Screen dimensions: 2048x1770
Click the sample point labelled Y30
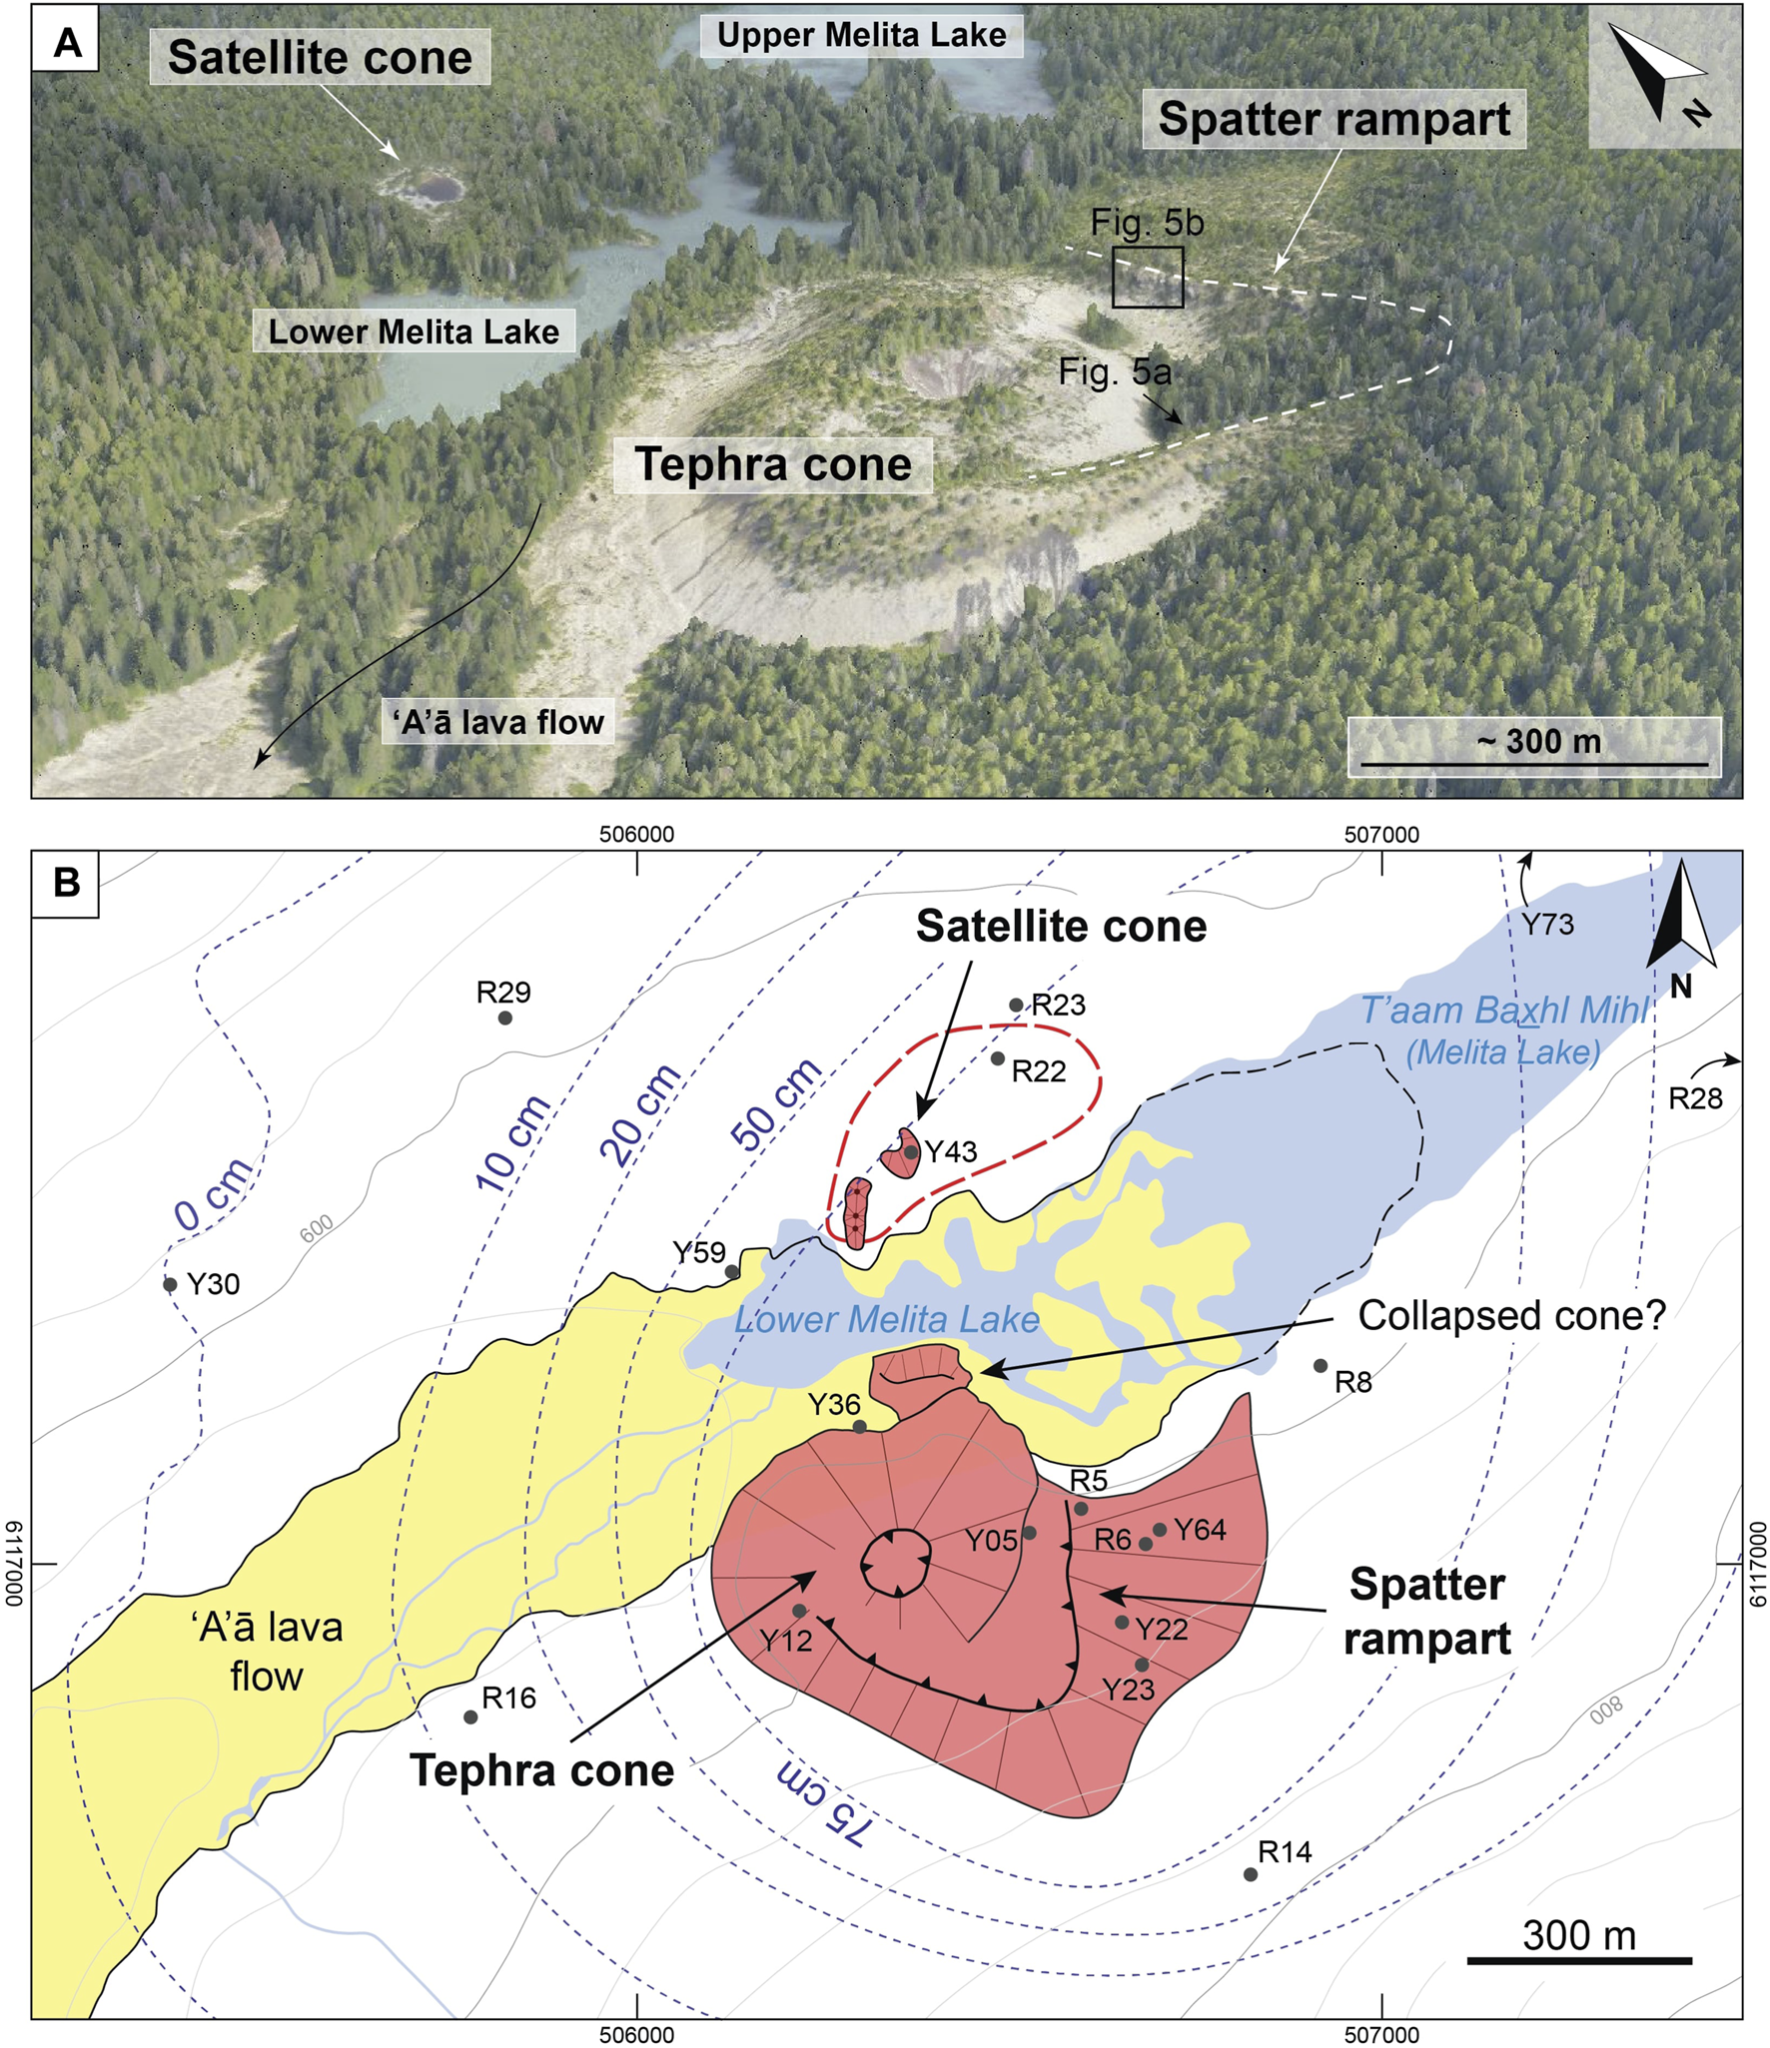coord(170,1284)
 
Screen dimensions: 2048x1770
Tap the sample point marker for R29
coord(505,1019)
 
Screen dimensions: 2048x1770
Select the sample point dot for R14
coord(1251,1874)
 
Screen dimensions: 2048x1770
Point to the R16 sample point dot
coord(470,1717)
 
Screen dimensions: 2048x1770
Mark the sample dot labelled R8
coord(1321,1365)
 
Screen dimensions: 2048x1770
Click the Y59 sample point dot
coord(732,1272)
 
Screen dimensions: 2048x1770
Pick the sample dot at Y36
coord(860,1427)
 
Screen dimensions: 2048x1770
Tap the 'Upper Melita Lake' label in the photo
coord(861,36)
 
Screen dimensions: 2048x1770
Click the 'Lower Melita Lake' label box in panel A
coord(414,332)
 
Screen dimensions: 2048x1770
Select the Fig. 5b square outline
coord(1148,277)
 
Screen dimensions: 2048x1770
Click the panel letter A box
coord(66,44)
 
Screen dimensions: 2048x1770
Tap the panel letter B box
coord(66,883)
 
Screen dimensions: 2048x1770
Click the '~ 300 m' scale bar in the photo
coord(1534,747)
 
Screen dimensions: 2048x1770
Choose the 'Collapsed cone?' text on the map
coord(1511,1315)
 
